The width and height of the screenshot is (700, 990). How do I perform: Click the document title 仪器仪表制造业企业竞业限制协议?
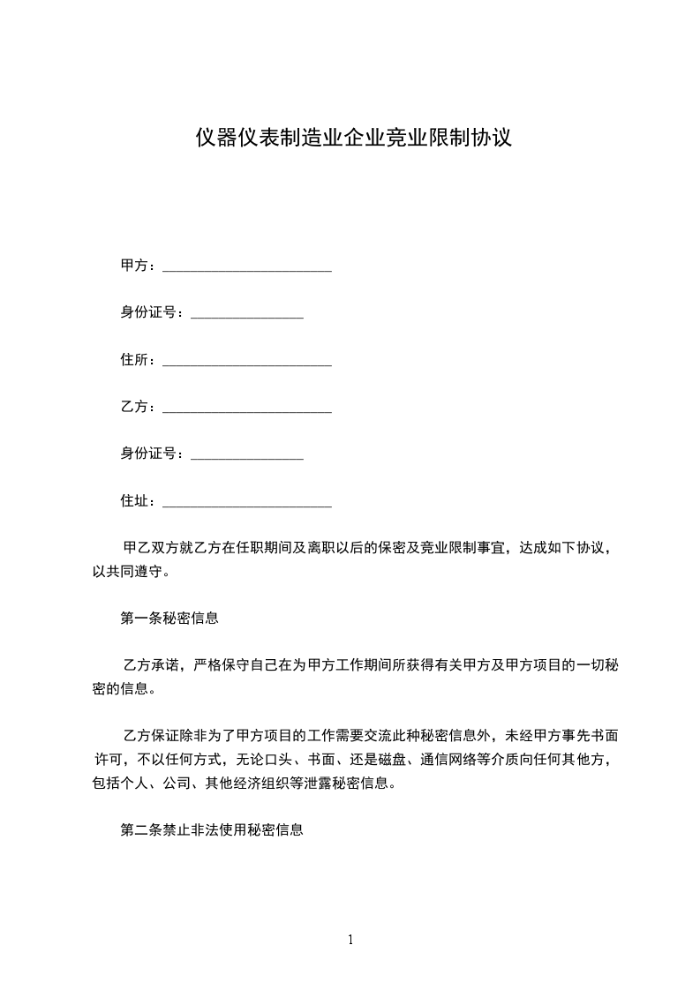(x=353, y=139)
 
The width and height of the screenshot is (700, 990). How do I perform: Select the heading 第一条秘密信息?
(x=169, y=619)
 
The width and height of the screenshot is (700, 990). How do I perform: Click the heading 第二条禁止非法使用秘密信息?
(x=212, y=830)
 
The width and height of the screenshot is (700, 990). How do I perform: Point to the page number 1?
(x=350, y=940)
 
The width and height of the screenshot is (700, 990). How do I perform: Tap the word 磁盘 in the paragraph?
(x=391, y=760)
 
